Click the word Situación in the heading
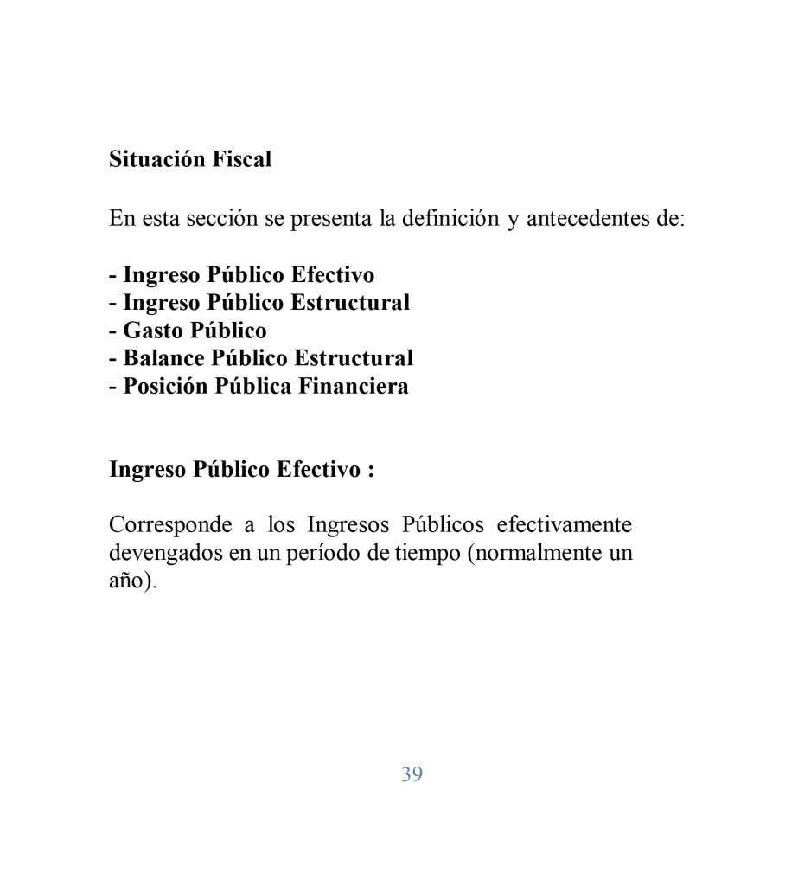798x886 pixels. pyautogui.click(x=157, y=160)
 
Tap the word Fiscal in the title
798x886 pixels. pyautogui.click(x=242, y=160)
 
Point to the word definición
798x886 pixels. pyautogui.click(x=453, y=218)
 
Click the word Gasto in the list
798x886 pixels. pyautogui.click(x=153, y=331)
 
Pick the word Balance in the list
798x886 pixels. pyautogui.click(x=163, y=358)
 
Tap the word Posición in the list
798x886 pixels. pyautogui.click(x=165, y=386)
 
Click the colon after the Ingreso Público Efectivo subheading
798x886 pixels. pyautogui.click(x=370, y=471)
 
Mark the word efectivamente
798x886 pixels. pyautogui.click(x=564, y=525)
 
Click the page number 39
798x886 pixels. pyautogui.click(x=412, y=774)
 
